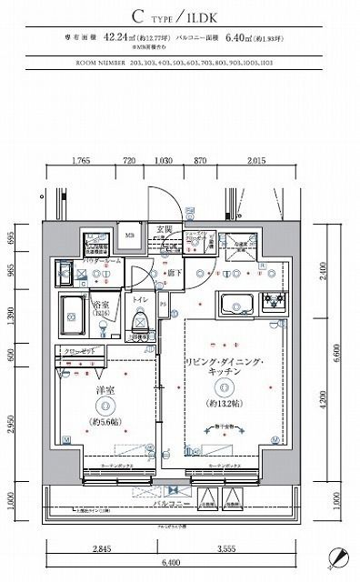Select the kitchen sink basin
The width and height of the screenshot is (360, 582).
click(229, 304)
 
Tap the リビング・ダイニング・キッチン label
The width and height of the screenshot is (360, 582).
click(224, 373)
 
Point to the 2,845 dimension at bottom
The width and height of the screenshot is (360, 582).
click(102, 548)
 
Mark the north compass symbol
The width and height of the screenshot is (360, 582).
click(338, 557)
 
